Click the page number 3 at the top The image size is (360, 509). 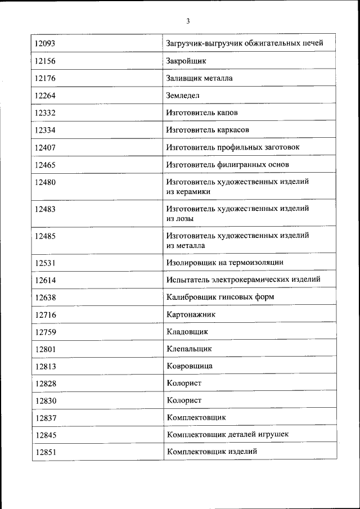pos(188,21)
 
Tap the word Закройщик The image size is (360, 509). pos(186,61)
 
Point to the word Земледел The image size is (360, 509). pos(183,96)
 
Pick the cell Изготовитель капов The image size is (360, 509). pos(202,112)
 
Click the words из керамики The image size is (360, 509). pos(188,191)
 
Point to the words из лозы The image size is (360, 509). pos(180,218)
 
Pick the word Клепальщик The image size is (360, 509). pos(190,349)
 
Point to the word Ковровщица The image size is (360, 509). pos(190,366)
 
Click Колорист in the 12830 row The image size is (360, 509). pos(184,400)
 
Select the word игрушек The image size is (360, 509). pos(274,435)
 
